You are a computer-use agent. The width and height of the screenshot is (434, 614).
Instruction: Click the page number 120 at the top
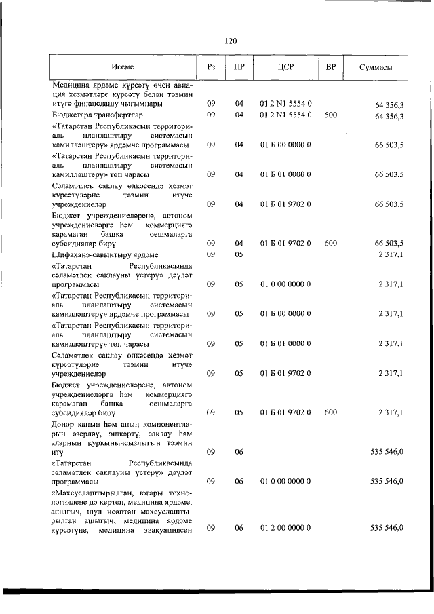click(x=231, y=41)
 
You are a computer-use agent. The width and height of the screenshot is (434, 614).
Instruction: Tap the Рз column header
click(x=211, y=66)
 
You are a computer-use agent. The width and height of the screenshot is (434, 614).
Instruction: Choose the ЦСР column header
click(x=285, y=66)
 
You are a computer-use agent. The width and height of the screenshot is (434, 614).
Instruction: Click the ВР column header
click(x=331, y=66)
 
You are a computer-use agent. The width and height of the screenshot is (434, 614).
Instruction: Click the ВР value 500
click(x=331, y=115)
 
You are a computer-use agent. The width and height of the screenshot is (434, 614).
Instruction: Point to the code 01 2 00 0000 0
click(x=285, y=528)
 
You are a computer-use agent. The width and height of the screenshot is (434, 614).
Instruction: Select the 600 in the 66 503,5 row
click(x=331, y=243)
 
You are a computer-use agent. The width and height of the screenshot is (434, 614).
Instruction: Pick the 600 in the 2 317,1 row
click(x=331, y=412)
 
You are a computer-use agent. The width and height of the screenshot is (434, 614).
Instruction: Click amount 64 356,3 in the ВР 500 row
click(x=389, y=116)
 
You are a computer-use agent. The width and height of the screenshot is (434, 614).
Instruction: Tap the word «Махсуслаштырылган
click(x=97, y=492)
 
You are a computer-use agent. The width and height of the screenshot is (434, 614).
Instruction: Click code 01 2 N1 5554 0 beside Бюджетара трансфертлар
click(x=285, y=115)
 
